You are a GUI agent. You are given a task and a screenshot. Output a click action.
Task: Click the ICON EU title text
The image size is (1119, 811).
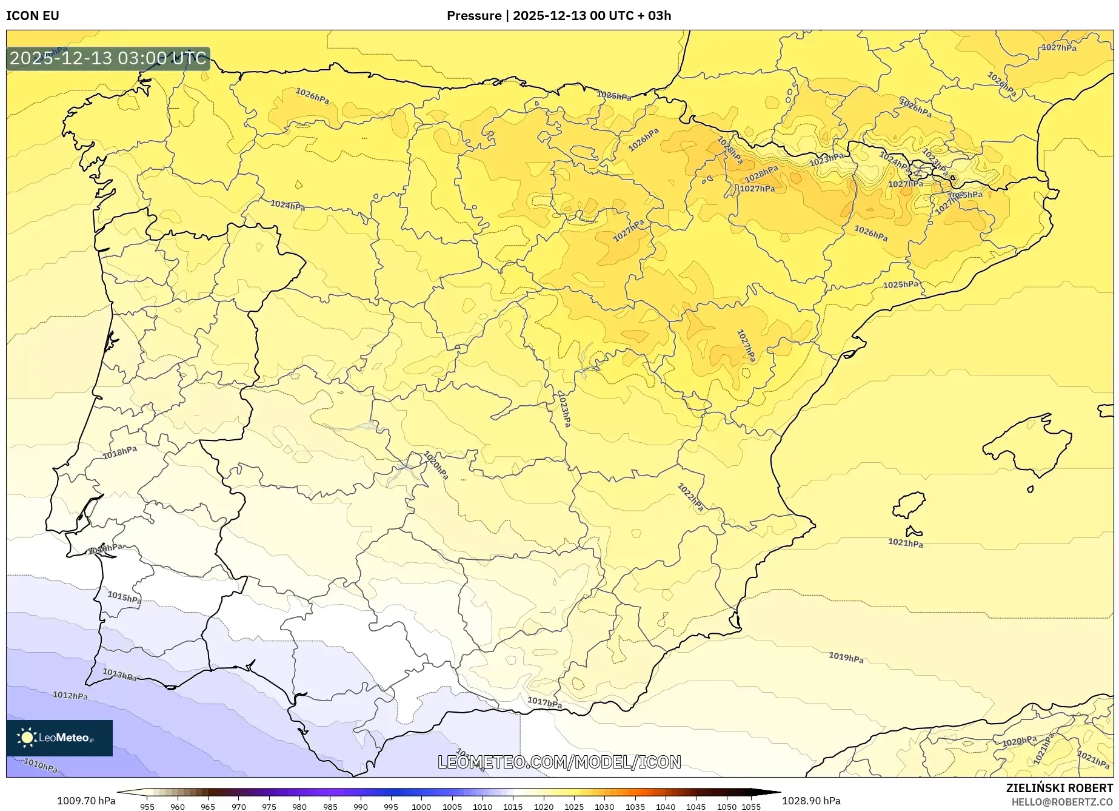coord(33,16)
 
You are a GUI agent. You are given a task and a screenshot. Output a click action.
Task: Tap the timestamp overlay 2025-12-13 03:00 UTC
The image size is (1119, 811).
coord(108,59)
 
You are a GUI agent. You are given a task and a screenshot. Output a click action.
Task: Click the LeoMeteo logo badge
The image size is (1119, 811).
coord(59,738)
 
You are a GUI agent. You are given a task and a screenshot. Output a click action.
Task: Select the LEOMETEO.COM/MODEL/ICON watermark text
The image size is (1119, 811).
coord(559,762)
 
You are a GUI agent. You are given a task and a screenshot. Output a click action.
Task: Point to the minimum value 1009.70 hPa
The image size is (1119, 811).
coord(86,801)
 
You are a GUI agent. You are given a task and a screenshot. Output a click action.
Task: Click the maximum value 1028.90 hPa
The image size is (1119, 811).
coord(811,801)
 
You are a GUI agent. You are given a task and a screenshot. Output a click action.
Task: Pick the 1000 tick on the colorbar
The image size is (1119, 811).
coord(421,806)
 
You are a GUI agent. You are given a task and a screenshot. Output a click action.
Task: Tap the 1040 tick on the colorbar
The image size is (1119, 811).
coord(666,806)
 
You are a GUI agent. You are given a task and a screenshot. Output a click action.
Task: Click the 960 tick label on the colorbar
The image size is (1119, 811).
coord(178,806)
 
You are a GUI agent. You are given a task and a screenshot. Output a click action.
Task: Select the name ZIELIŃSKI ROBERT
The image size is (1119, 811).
coord(1059,788)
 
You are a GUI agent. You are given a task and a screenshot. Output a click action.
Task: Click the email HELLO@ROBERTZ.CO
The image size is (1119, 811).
coord(1061,802)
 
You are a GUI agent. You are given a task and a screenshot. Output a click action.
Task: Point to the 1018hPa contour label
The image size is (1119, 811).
coord(119,453)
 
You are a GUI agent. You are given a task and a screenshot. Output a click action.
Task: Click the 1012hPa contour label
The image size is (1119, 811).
coord(70,695)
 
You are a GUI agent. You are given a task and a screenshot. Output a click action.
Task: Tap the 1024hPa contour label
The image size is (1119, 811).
coord(287,206)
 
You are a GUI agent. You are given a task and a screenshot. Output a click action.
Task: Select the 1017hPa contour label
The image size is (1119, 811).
coord(544,702)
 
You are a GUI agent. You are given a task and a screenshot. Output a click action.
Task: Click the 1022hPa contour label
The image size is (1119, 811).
coord(690,497)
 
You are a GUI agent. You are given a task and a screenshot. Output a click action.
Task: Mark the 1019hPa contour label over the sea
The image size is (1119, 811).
coord(846,657)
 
